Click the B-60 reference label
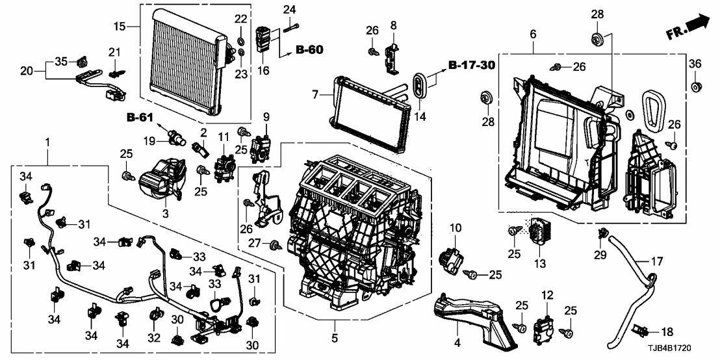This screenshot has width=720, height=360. pos(309,49)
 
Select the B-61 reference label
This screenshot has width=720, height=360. pos(140,118)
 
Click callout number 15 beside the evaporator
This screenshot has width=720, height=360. pos(118,26)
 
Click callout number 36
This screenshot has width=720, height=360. pos(695,63)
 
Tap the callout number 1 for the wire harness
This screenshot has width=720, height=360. pos(47,142)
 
